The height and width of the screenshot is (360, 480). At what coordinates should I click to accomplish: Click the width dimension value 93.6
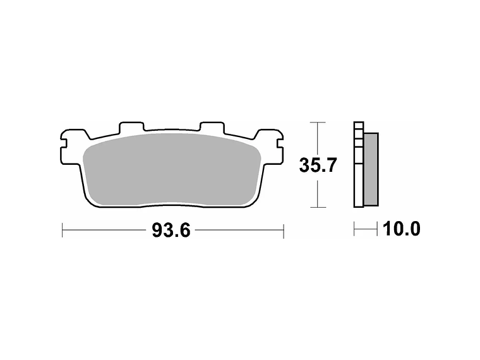pyautogui.click(x=171, y=231)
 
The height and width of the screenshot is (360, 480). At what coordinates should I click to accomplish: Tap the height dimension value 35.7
pyautogui.click(x=317, y=166)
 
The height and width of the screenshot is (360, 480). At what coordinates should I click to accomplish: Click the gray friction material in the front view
pyautogui.click(x=172, y=169)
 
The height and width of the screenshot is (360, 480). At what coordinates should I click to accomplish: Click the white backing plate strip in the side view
pyautogui.click(x=359, y=165)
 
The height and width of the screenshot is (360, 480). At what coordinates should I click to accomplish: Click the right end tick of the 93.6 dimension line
pyautogui.click(x=284, y=231)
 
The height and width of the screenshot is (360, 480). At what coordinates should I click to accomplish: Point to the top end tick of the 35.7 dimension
pyautogui.click(x=317, y=122)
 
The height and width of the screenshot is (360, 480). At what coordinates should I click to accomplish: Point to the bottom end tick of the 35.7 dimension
pyautogui.click(x=317, y=208)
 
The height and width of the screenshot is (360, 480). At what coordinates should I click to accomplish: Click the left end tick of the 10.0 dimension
pyautogui.click(x=354, y=229)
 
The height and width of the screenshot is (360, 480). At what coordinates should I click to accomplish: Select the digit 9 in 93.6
pyautogui.click(x=157, y=231)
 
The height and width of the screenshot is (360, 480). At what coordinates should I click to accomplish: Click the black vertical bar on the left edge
pyautogui.click(x=30, y=180)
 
